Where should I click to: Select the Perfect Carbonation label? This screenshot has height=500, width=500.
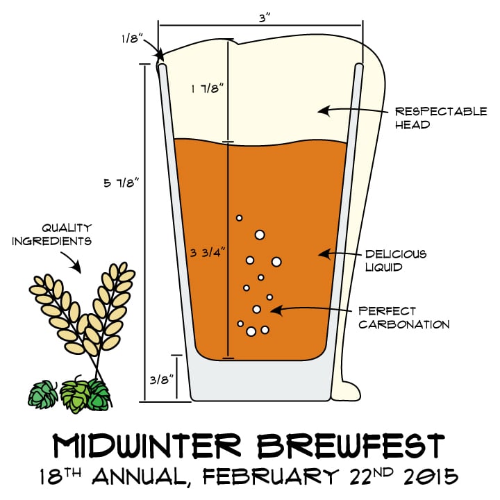tap(403, 317)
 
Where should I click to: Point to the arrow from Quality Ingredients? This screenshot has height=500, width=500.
tap(76, 262)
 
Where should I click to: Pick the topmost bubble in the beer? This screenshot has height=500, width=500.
tap(240, 218)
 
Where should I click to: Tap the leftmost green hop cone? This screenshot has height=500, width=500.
tap(43, 394)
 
